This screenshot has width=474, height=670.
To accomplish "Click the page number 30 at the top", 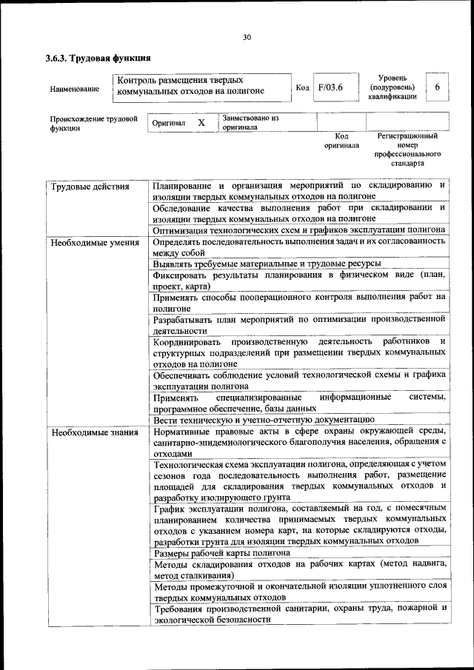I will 247,38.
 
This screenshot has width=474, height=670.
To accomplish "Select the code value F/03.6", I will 330,87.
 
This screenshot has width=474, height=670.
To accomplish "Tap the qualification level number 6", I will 437,87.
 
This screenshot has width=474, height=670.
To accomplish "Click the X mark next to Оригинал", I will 201,122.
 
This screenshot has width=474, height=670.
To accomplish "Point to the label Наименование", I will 74,89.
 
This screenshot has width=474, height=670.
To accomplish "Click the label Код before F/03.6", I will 302,88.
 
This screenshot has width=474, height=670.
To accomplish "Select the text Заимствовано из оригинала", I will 250,122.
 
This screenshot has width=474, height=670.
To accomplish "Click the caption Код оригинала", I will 341,141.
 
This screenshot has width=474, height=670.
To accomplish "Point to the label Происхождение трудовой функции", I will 94,123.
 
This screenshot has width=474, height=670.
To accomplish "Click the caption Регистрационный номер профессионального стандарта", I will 407,150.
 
